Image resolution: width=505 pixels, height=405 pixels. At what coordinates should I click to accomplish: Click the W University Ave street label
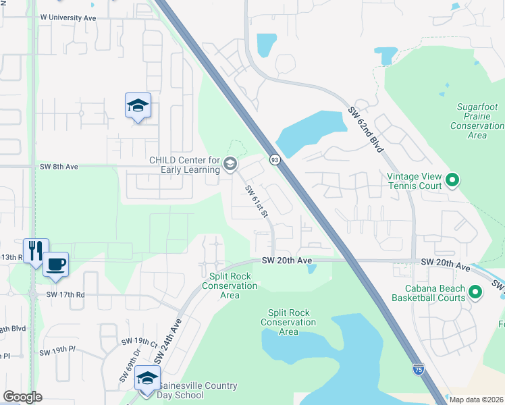click(68, 18)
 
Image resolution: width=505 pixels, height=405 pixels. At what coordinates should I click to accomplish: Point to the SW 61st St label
click(257, 201)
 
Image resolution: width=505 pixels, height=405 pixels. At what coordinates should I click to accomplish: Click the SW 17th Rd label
click(65, 294)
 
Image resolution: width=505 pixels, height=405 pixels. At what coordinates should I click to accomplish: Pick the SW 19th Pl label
click(57, 352)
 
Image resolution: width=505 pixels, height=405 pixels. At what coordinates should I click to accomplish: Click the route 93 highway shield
click(275, 160)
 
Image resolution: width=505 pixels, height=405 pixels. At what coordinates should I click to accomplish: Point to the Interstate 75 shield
click(419, 369)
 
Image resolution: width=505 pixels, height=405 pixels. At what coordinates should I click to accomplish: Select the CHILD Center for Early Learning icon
click(230, 164)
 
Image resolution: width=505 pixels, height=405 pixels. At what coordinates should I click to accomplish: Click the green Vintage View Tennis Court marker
click(452, 180)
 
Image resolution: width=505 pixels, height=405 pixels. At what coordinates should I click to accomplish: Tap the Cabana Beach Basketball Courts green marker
click(475, 292)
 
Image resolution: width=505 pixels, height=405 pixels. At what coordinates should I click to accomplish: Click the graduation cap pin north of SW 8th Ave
click(138, 105)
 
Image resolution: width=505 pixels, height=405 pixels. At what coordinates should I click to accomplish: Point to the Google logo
click(23, 397)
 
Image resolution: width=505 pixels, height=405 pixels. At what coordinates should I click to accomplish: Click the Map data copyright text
click(476, 400)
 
